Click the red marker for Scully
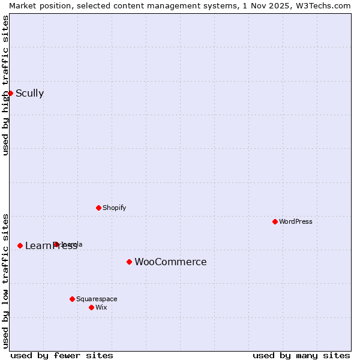(10, 93)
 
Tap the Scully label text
(29, 93)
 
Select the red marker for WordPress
(275, 221)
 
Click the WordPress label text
(295, 221)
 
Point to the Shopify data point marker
(98, 208)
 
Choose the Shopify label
(114, 208)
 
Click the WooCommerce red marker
(129, 262)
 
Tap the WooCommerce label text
(170, 262)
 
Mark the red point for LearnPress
(20, 245)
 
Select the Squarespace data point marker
(72, 299)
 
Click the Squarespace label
(97, 299)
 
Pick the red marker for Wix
(91, 307)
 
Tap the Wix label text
(101, 307)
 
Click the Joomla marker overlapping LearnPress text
(56, 244)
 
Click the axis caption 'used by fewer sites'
(62, 355)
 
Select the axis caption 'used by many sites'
(301, 355)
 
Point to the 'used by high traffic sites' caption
(5, 85)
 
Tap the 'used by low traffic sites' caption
(5, 280)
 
